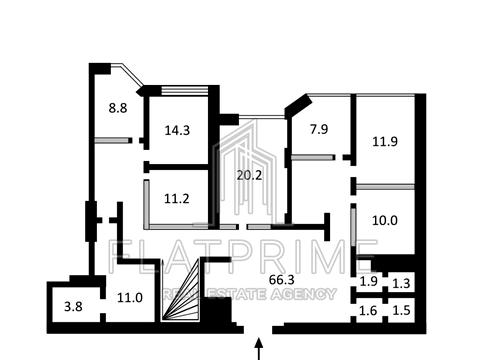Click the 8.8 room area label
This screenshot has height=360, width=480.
(x=118, y=108)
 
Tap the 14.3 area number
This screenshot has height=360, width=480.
(x=177, y=130)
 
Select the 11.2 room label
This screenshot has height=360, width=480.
(x=177, y=199)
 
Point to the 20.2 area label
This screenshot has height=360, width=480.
(x=249, y=175)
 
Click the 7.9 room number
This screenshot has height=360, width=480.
(x=319, y=129)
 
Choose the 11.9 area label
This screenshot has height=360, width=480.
(x=385, y=142)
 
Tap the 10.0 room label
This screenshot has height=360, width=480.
(x=385, y=220)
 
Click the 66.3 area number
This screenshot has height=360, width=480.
(x=282, y=280)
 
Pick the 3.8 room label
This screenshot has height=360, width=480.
(x=73, y=306)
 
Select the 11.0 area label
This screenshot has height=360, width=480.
(x=130, y=297)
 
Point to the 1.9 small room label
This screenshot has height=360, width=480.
(x=369, y=282)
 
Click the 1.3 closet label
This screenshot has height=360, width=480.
(x=401, y=283)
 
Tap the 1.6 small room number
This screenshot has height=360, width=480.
(x=368, y=311)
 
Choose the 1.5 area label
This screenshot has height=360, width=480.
(x=401, y=311)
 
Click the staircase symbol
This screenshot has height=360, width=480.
(x=180, y=290)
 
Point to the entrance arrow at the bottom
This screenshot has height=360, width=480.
(x=259, y=349)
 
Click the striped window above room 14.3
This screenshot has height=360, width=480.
(x=185, y=91)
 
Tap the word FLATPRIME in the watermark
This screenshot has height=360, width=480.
(x=243, y=256)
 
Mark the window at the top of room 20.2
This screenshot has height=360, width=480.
(x=262, y=117)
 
